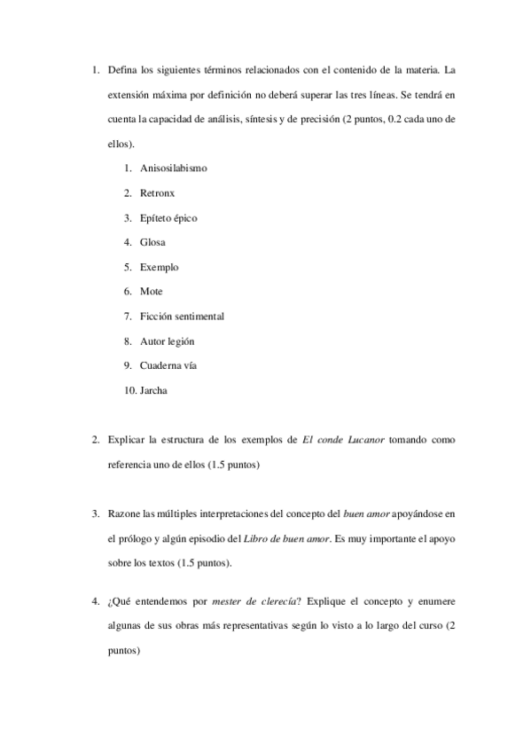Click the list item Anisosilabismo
tap(174, 168)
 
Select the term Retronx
tap(157, 192)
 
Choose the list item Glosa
tap(152, 242)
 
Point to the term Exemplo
tap(159, 266)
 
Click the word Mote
tap(151, 291)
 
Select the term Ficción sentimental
tap(182, 316)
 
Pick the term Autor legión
tap(168, 341)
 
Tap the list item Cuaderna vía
tap(168, 365)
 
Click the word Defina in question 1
tap(121, 69)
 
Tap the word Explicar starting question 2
tap(126, 440)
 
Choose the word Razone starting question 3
tap(123, 513)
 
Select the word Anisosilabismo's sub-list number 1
tap(129, 168)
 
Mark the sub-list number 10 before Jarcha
tap(130, 390)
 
